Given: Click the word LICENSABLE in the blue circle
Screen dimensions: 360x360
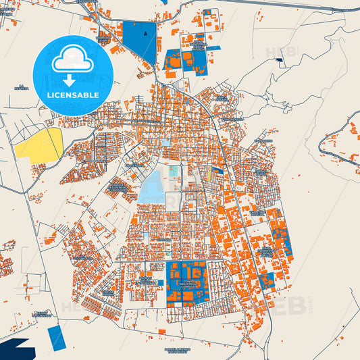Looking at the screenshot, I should click(73, 95).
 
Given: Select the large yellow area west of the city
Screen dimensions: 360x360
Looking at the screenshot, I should click(40, 143).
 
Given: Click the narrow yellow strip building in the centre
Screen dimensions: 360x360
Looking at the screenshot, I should click(207, 177).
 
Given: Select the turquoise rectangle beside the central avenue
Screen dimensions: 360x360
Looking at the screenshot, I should click(175, 172).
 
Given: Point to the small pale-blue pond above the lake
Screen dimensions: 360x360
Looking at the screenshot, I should click(165, 143).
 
